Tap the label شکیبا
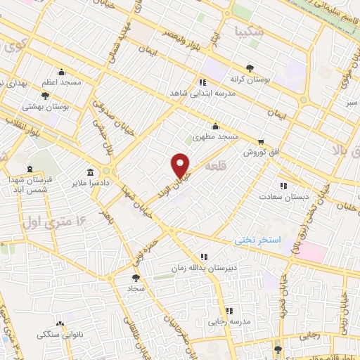click(x=250, y=31)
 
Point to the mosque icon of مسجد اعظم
click(x=62, y=72)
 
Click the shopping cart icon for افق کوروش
click(x=261, y=141)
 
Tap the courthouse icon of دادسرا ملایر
click(x=91, y=173)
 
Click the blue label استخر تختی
click(x=257, y=240)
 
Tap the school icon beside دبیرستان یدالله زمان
click(x=204, y=257)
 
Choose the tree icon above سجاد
click(x=136, y=278)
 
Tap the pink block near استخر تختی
click(x=309, y=252)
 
